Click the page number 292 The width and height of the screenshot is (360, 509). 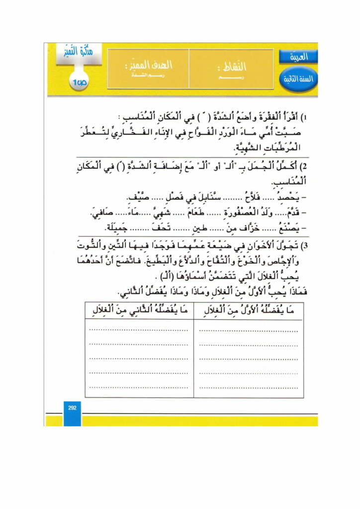(x=72, y=408)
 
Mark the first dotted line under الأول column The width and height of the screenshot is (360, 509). (x=249, y=329)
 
